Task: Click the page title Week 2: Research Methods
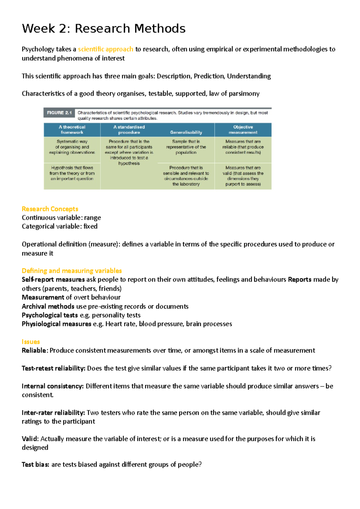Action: [103, 29]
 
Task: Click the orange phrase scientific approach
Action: [105, 49]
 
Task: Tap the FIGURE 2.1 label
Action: [59, 113]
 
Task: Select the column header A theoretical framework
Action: [72, 129]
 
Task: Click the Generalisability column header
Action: [186, 132]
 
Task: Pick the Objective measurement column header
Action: [243, 129]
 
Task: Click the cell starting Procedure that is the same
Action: [129, 152]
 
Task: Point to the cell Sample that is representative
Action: [186, 147]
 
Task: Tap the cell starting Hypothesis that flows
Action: [72, 173]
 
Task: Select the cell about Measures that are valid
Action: [243, 176]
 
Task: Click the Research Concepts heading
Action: [50, 209]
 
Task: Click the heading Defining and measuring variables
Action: [72, 271]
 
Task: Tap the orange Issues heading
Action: [31, 342]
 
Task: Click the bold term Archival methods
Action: [48, 306]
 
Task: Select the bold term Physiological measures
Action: [56, 324]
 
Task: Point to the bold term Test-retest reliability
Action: [53, 368]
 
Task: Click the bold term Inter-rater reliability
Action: [53, 413]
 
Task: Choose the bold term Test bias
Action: [35, 465]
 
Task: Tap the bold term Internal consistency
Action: [52, 386]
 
